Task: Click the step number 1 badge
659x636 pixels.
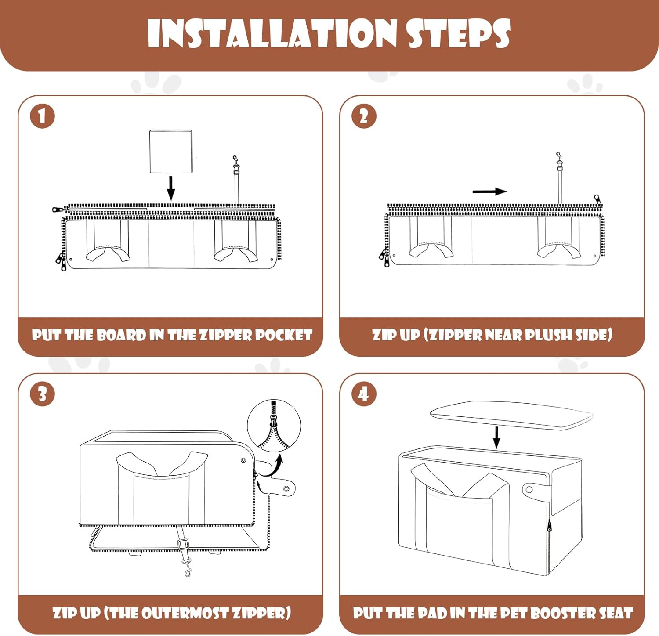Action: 42,116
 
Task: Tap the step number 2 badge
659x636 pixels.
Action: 364,116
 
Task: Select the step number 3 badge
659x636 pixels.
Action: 42,394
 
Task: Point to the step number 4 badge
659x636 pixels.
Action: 364,394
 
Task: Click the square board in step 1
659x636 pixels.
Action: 171,152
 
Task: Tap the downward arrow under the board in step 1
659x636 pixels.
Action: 171,188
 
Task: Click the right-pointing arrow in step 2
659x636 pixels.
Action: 490,192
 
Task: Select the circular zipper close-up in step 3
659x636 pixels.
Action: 274,425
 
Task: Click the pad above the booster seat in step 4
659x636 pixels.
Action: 511,415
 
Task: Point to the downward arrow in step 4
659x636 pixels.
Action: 496,437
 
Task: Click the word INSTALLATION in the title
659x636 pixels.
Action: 272,34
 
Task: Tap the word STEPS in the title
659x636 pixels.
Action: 459,34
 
